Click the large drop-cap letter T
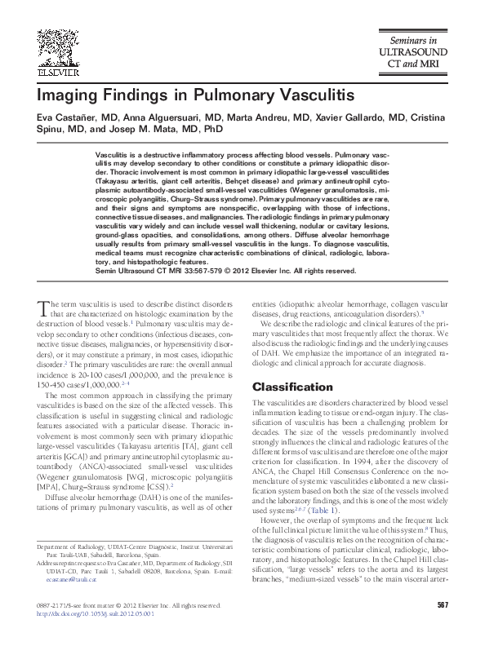pos(43,308)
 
